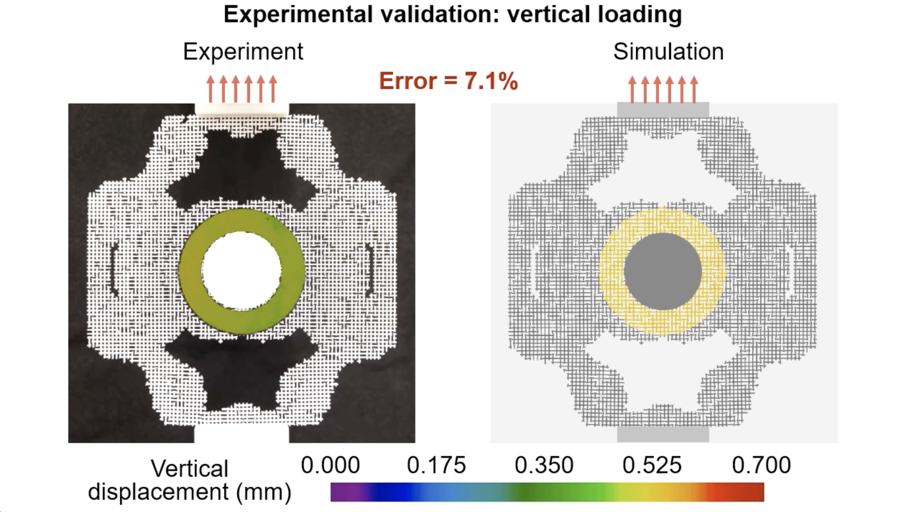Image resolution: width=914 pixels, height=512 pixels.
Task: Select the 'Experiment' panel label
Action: click(x=243, y=52)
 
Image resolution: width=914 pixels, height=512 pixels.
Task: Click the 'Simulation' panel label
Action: click(x=668, y=52)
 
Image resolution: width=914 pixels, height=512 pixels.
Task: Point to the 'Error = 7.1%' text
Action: click(x=448, y=81)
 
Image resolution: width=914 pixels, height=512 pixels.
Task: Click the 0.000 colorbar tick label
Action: click(x=330, y=465)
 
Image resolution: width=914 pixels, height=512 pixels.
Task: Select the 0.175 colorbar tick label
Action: click(x=436, y=465)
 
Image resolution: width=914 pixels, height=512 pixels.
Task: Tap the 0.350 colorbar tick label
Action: click(x=544, y=465)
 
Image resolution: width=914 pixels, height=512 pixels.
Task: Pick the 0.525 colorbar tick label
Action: click(x=652, y=465)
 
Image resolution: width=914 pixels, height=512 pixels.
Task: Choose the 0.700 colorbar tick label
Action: click(x=761, y=465)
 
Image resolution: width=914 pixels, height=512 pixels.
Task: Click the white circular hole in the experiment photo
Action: click(x=241, y=271)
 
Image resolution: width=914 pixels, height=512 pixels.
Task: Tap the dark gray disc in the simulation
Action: click(x=663, y=271)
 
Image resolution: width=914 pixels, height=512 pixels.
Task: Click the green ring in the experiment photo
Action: click(x=190, y=271)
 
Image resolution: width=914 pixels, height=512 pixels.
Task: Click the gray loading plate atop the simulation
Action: click(x=663, y=110)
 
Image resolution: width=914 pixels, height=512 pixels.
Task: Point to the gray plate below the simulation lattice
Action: click(x=663, y=434)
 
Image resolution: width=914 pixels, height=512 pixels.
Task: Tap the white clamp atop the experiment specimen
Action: click(x=241, y=109)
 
